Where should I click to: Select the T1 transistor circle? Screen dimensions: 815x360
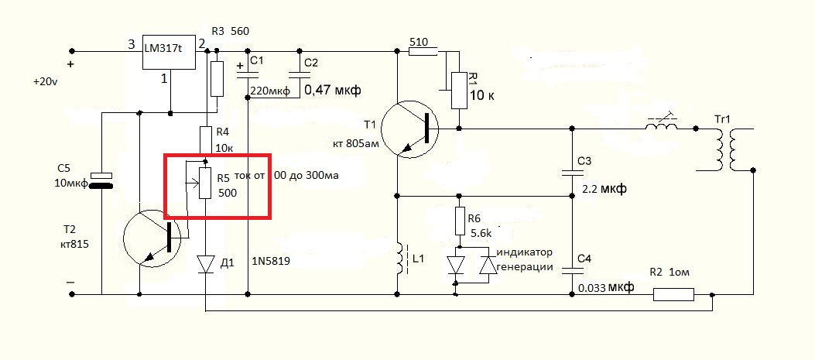409,128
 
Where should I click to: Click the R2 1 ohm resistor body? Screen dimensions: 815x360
673,295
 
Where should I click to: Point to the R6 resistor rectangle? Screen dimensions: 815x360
459,221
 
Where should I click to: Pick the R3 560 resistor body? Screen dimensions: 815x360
217,78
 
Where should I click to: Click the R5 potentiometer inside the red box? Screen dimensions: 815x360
205,183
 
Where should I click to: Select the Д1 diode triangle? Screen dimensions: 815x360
206,265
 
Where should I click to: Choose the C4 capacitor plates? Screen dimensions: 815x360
572,270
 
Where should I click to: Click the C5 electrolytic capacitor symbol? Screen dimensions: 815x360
102,180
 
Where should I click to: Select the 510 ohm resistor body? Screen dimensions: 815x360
422,51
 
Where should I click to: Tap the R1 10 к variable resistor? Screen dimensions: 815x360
459,91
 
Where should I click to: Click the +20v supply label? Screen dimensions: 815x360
45,82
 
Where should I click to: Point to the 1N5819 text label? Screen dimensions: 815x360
271,262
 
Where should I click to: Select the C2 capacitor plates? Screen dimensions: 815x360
300,73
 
